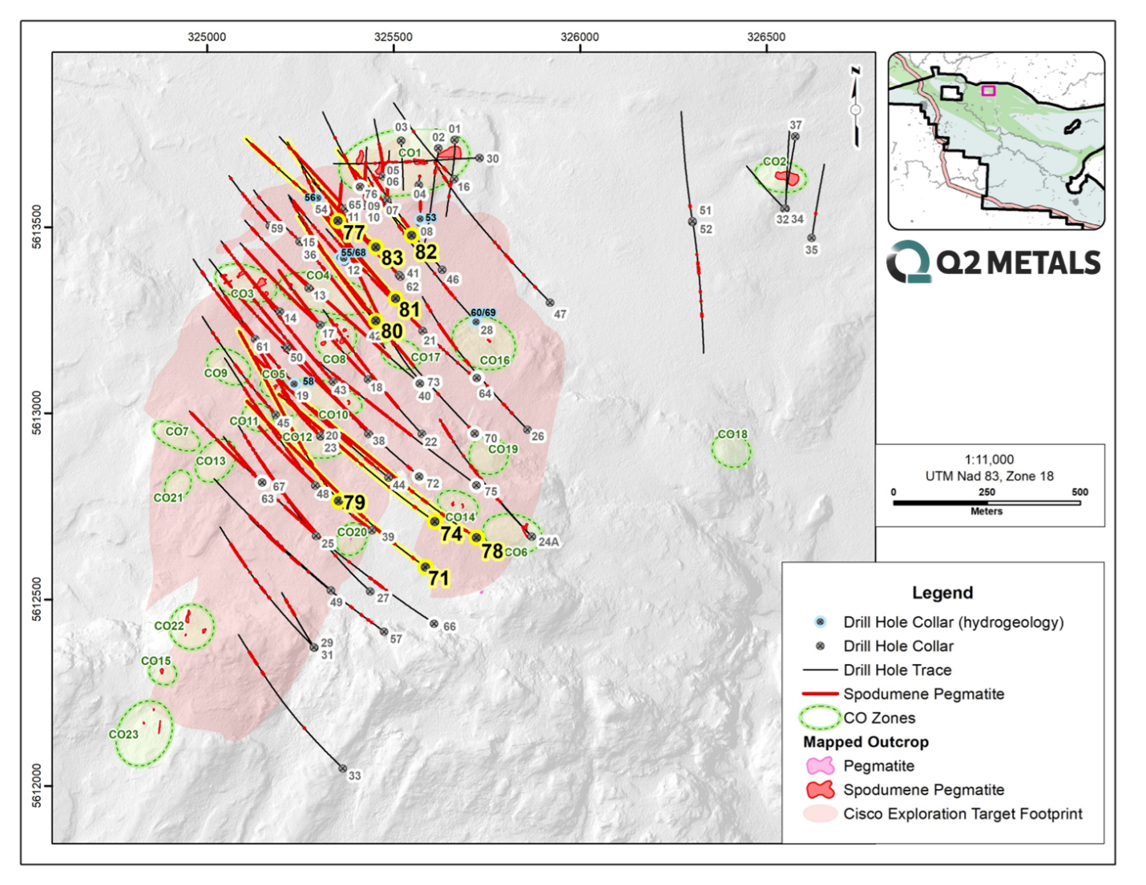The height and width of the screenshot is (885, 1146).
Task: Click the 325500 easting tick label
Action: (x=393, y=37)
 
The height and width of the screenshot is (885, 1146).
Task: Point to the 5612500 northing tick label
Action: (x=37, y=600)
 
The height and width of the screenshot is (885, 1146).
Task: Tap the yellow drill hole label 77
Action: (x=353, y=233)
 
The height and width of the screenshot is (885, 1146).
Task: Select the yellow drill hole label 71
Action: (x=438, y=578)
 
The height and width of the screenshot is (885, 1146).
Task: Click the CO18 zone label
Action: (x=732, y=434)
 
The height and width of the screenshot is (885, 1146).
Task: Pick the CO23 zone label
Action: (x=123, y=734)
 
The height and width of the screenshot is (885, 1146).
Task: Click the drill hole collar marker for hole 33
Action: (x=342, y=769)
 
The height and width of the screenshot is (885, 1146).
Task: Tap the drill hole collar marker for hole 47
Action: (x=550, y=303)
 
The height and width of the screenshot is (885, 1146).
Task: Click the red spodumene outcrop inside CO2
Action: (x=788, y=177)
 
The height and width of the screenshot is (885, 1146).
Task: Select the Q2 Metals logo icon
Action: (x=909, y=262)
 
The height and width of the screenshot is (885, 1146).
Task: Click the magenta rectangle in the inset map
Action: (x=988, y=91)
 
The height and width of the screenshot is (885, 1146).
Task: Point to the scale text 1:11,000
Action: (x=989, y=460)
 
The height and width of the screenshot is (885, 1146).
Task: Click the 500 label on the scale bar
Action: (x=1079, y=493)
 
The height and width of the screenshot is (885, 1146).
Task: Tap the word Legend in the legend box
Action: (x=942, y=593)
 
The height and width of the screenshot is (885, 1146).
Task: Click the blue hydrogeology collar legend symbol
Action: (x=820, y=622)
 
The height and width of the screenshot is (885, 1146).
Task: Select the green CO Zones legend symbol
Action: (x=819, y=718)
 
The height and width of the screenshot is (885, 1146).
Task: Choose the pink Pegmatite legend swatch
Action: (x=819, y=766)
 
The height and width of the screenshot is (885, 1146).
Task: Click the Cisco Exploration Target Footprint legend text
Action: (x=962, y=814)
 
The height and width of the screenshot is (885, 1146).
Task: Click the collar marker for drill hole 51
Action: (x=692, y=222)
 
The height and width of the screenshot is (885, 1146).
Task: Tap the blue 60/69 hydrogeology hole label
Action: (x=482, y=313)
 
